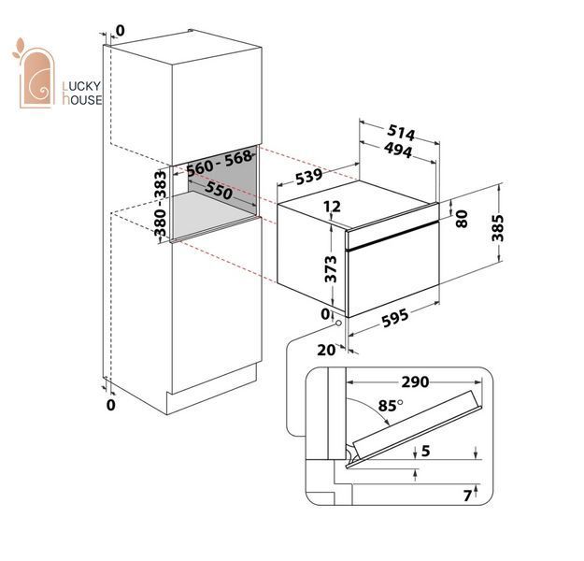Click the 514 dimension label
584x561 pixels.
point(401,133)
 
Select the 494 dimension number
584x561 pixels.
point(398,150)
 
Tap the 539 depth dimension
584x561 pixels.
point(308,177)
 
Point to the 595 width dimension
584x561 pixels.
point(395,318)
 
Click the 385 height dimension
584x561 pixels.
point(498,228)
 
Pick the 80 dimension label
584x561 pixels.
point(462,219)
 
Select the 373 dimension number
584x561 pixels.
point(331,268)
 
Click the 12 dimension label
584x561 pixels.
point(332,206)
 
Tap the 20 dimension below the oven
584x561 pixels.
point(326,350)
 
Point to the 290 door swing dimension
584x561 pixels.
point(415,381)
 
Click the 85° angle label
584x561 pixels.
point(391,406)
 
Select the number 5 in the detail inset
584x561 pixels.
point(426,451)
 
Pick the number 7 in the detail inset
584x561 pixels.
point(467,496)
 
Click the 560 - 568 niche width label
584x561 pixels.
point(220,163)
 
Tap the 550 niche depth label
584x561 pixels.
point(219,190)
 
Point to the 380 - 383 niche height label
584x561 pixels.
point(161,204)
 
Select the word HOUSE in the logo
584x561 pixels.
point(82,99)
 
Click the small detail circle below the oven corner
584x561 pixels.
point(338,324)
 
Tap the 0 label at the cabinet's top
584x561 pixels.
point(121,31)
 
